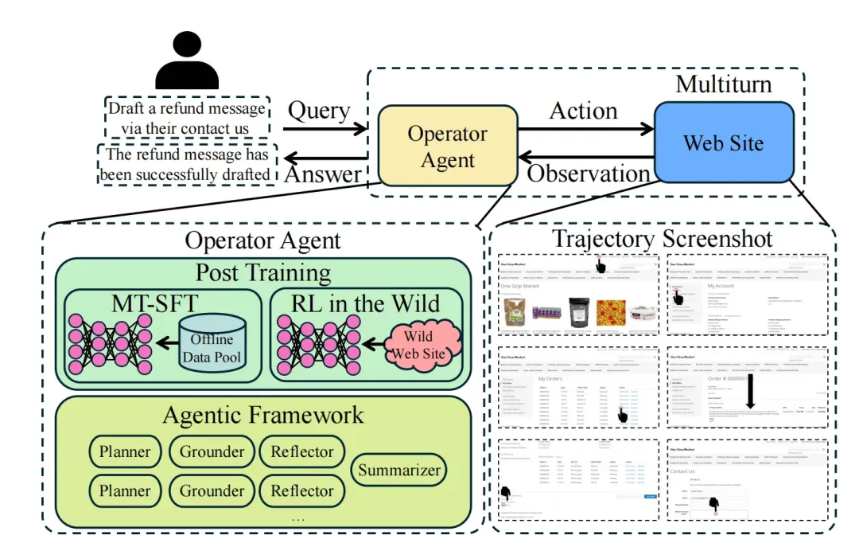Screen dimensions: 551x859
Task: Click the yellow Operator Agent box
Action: pyautogui.click(x=447, y=147)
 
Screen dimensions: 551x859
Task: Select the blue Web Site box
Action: pyautogui.click(x=723, y=143)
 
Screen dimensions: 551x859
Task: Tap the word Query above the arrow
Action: pyautogui.click(x=319, y=111)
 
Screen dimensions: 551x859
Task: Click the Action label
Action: pyautogui.click(x=583, y=111)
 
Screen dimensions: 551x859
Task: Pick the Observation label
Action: pyautogui.click(x=589, y=173)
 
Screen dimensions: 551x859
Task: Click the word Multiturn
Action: pyautogui.click(x=723, y=84)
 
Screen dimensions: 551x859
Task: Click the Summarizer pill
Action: pyautogui.click(x=398, y=470)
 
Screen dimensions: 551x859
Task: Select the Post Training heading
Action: pyautogui.click(x=262, y=273)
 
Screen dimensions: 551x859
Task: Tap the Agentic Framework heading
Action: pyautogui.click(x=262, y=415)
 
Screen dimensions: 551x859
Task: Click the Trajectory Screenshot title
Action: pyautogui.click(x=663, y=238)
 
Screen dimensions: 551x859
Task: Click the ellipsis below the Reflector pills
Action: pyautogui.click(x=298, y=518)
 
